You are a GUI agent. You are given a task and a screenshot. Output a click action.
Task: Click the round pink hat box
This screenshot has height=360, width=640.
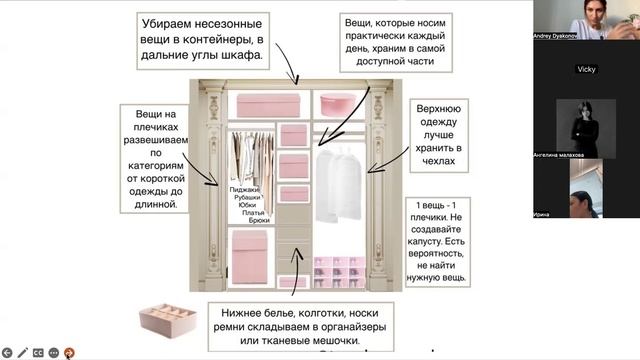point(334,102)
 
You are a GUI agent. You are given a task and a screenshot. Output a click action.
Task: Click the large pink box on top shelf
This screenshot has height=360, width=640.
point(264,105)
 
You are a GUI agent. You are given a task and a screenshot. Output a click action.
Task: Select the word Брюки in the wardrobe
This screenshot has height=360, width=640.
point(259,220)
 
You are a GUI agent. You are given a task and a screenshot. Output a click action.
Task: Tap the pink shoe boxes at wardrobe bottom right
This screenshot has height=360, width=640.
point(337,272)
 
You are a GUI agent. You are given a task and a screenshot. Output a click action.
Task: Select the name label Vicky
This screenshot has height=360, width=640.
point(586,69)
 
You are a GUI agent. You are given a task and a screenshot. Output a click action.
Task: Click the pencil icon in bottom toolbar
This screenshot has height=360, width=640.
point(23,352)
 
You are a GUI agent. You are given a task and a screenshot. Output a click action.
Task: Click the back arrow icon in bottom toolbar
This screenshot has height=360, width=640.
point(7,352)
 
